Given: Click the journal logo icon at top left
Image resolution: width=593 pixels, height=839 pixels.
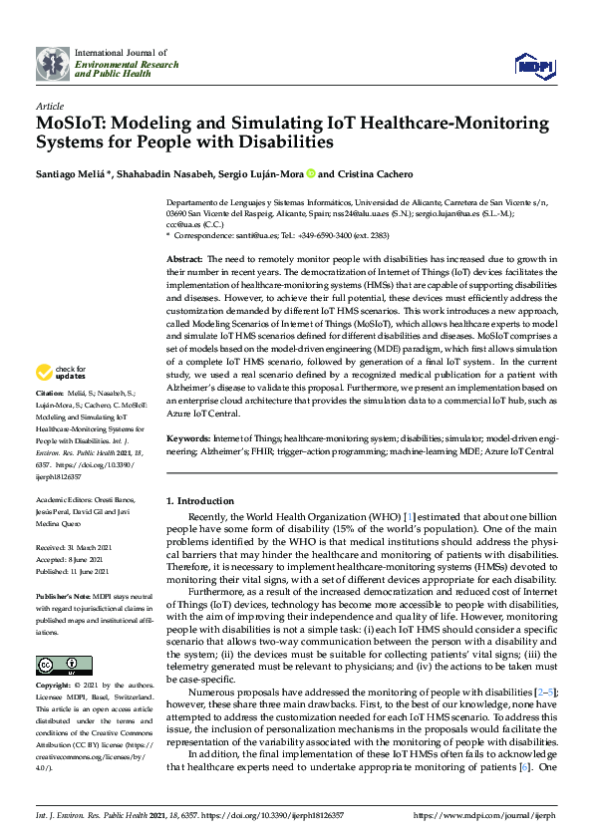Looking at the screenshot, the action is tap(52, 63).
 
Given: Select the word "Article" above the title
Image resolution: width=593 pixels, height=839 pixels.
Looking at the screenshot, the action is tap(49, 105).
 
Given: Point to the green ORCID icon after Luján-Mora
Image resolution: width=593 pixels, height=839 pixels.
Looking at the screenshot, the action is tap(311, 174).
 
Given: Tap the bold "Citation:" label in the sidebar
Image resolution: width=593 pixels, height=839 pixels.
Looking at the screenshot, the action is tap(52, 422).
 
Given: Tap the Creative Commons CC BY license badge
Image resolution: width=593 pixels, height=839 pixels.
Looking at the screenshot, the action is tap(51, 666).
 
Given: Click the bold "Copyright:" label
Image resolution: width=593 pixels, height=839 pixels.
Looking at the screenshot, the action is tap(55, 686).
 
